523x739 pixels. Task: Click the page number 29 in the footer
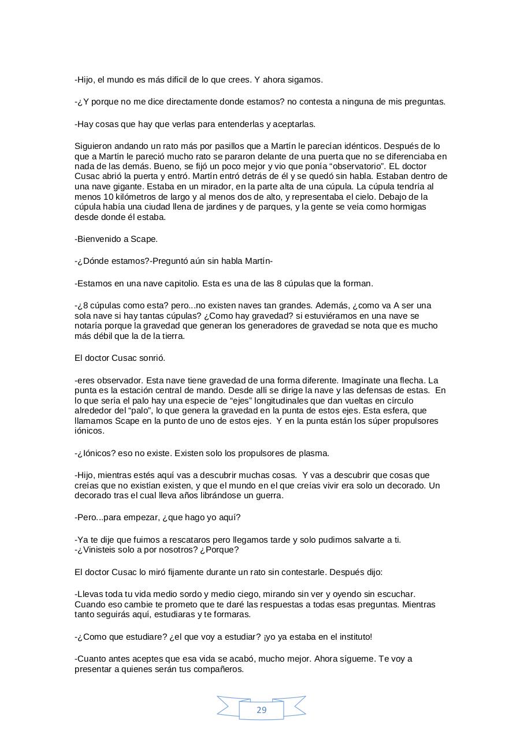[261, 710]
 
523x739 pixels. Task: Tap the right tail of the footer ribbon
[295, 706]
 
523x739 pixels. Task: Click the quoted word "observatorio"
[358, 166]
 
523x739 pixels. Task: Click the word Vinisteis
[105, 550]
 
